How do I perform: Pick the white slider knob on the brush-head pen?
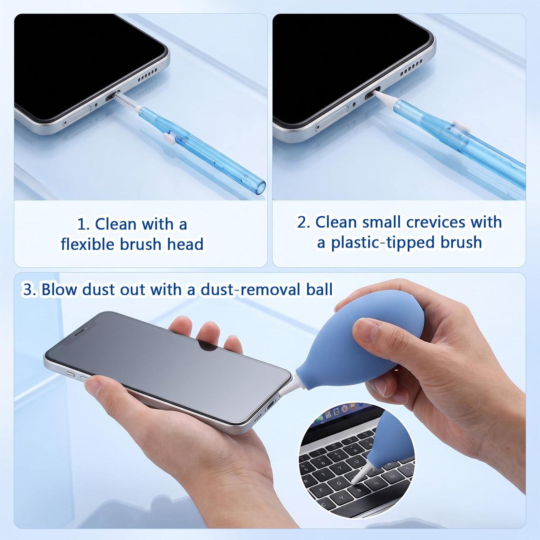(x=168, y=137)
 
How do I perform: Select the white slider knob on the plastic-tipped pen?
(x=461, y=126)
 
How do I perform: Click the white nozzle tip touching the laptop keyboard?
(x=354, y=482)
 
